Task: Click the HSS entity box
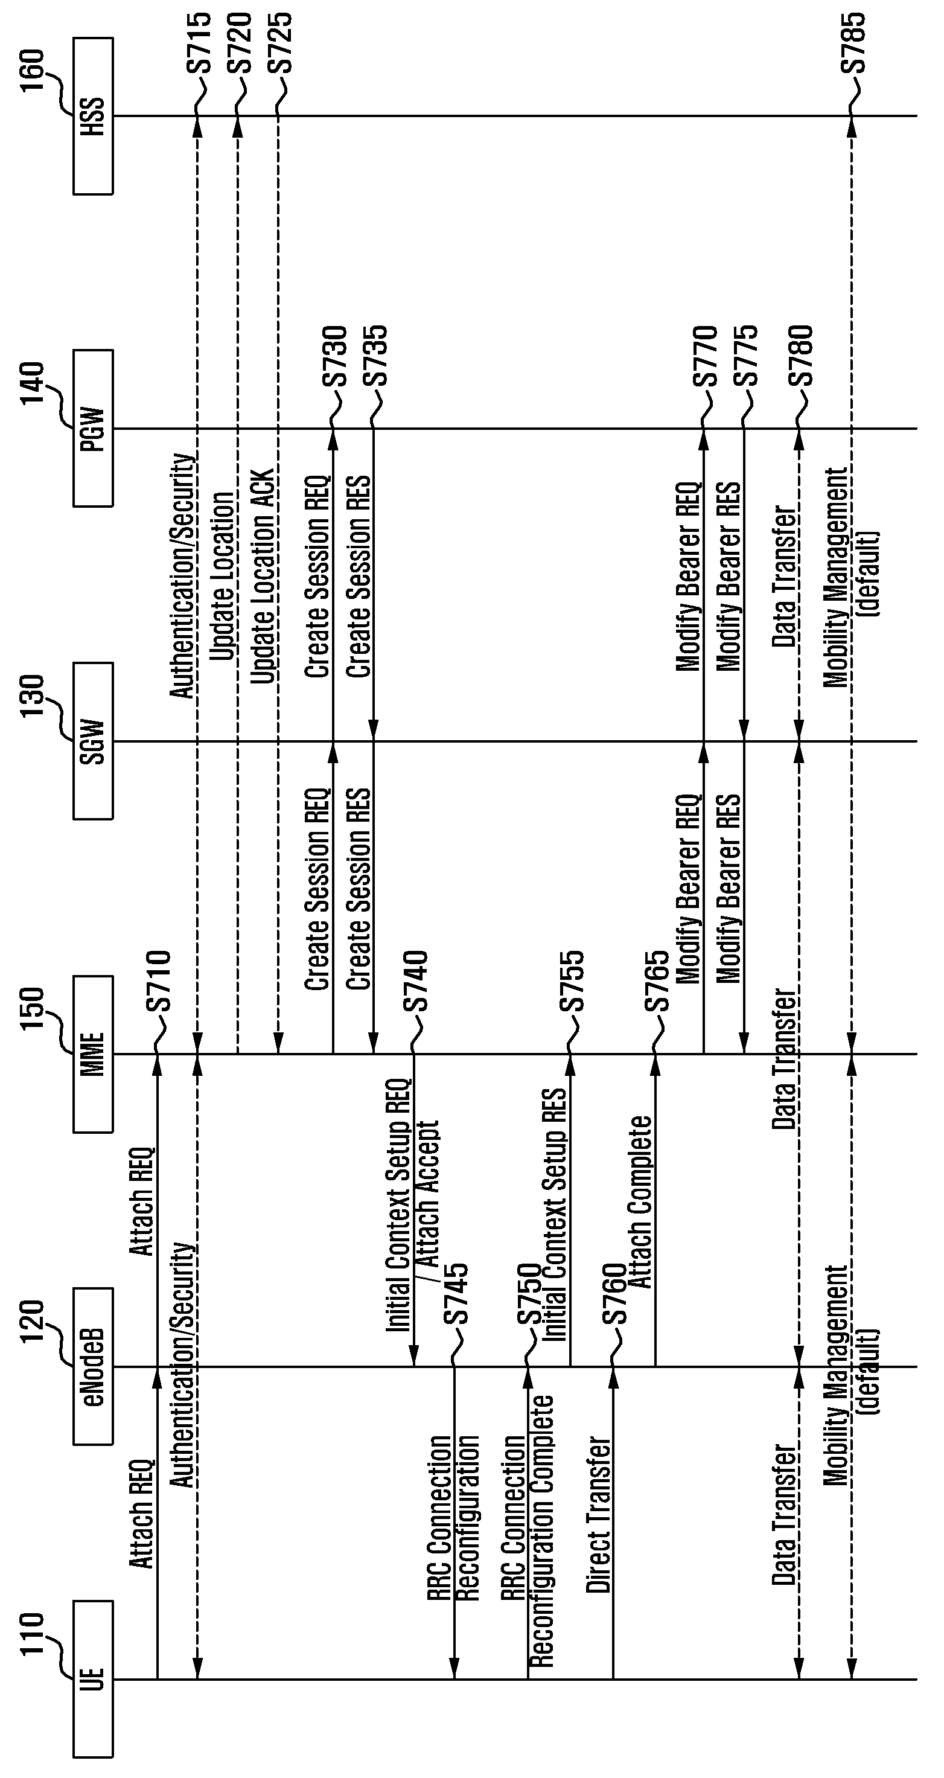tap(93, 116)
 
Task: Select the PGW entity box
tap(93, 428)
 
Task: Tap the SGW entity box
tap(93, 741)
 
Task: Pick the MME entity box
tap(93, 1054)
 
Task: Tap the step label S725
tap(280, 43)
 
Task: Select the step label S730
tap(334, 356)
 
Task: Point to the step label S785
tap(853, 43)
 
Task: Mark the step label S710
tap(158, 981)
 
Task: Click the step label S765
tap(657, 981)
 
